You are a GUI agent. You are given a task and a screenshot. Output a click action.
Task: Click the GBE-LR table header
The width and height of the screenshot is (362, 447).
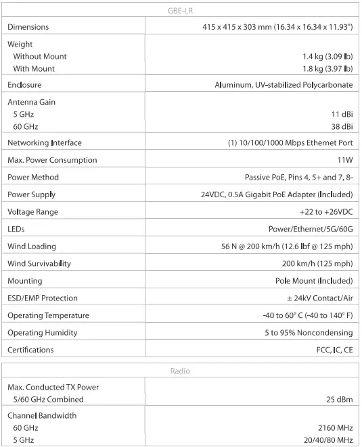[180, 9]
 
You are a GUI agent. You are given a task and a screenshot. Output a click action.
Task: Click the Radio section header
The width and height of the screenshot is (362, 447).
[180, 371]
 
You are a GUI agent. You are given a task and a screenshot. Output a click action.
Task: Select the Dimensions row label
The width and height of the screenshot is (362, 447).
[28, 27]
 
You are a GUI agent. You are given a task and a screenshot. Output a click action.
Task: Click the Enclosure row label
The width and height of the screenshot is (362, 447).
[24, 85]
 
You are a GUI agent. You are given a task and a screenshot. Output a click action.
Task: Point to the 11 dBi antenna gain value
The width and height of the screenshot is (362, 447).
[342, 114]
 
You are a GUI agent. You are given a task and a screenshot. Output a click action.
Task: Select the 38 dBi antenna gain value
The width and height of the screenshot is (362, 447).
[342, 126]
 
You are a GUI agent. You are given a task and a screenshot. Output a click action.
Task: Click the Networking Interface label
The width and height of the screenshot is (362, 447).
[45, 143]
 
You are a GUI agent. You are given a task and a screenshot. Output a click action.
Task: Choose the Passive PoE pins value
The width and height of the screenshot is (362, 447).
[298, 178]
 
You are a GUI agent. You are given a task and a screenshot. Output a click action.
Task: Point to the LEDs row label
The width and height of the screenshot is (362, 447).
[16, 230]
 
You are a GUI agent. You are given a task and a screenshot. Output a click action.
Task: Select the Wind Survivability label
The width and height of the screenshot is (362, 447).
[39, 263]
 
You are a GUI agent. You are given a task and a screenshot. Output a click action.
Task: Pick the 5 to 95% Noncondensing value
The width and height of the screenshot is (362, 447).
[309, 333]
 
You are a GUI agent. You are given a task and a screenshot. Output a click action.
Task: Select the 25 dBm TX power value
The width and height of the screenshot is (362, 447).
[340, 400]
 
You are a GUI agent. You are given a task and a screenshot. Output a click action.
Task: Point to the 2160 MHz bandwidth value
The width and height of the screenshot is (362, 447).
[336, 428]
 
